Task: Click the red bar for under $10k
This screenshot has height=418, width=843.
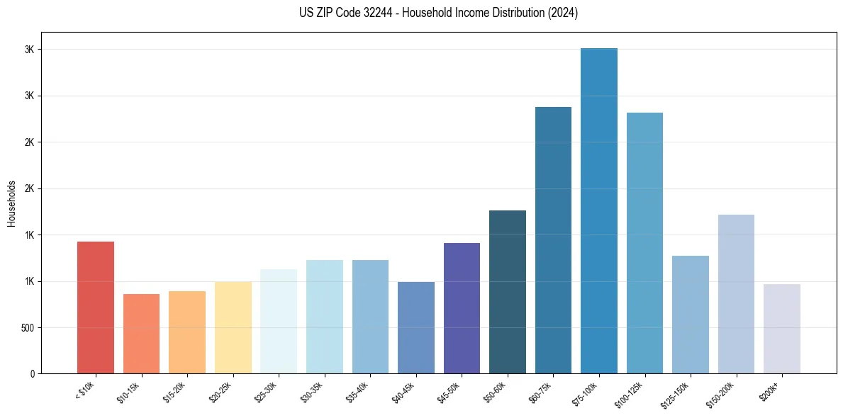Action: (x=95, y=307)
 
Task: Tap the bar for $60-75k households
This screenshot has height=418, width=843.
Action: (x=553, y=240)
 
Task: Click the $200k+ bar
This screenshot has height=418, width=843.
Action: (x=781, y=329)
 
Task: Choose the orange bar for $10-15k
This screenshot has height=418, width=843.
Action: (x=141, y=334)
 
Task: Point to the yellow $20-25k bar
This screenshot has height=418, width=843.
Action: (x=233, y=327)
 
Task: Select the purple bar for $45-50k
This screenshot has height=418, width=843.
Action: (x=462, y=308)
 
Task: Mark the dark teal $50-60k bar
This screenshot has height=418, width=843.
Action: (x=507, y=292)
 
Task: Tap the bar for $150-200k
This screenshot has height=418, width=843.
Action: (x=736, y=294)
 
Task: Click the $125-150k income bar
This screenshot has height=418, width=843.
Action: (x=690, y=315)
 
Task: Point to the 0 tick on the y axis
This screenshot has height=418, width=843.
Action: (x=32, y=374)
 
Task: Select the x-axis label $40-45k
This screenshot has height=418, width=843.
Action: (x=404, y=392)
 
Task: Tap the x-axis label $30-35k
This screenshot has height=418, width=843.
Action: (x=313, y=392)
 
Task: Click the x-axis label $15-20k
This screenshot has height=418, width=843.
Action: (x=175, y=392)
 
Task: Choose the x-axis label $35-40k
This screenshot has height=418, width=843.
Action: (x=358, y=392)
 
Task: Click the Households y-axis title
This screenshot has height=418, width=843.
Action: (x=11, y=203)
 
